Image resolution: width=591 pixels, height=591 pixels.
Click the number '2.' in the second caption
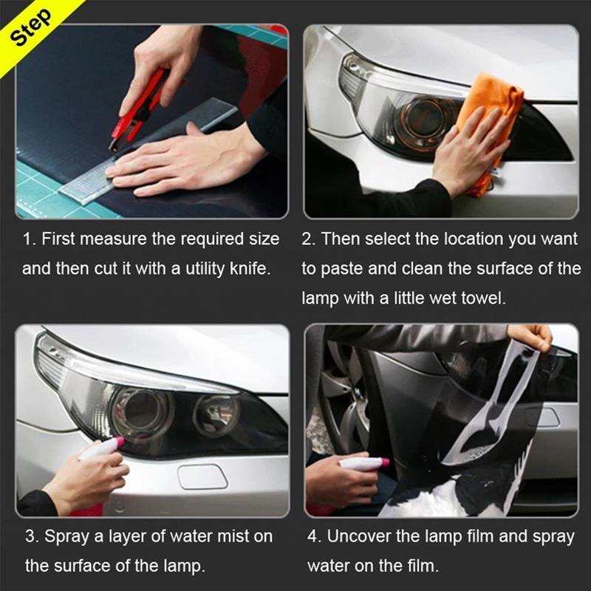(309, 239)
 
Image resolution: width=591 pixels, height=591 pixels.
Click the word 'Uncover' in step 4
(355, 536)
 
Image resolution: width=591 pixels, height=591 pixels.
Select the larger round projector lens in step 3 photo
(140, 408)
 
